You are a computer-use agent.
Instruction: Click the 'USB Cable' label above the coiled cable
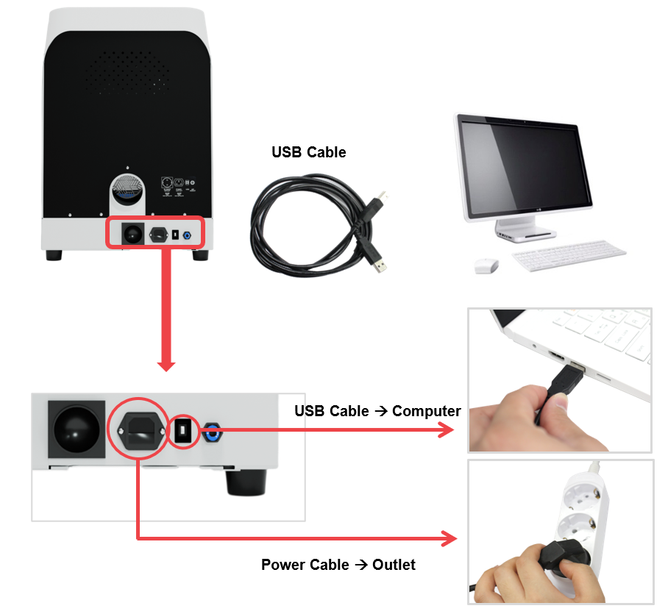coord(308,152)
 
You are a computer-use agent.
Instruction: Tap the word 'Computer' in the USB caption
coord(426,411)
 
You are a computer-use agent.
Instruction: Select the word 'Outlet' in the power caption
coord(394,565)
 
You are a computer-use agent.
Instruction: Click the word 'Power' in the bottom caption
coord(282,565)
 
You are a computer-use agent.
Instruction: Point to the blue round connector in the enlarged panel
coord(212,432)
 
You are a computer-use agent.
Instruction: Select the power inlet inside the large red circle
coord(141,431)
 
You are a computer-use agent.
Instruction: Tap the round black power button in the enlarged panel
coord(77,429)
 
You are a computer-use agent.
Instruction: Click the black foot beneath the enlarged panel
coord(246,483)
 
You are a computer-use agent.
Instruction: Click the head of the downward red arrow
coord(166,365)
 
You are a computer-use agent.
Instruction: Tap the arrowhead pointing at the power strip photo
coord(450,539)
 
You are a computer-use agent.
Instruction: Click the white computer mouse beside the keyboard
coord(486,265)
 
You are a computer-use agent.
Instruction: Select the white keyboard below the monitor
coord(569,255)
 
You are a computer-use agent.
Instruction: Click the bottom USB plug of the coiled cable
coord(379,265)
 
